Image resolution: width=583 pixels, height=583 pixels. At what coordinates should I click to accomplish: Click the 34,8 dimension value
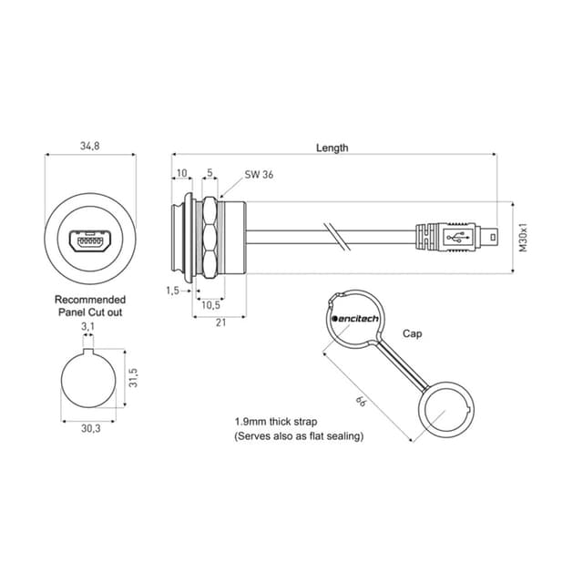(x=90, y=146)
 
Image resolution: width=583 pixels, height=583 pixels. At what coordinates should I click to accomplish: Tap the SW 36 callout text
(x=259, y=174)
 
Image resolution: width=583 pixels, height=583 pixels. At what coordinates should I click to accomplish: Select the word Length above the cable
(x=332, y=148)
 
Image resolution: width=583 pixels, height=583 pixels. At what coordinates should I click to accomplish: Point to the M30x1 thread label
(x=523, y=238)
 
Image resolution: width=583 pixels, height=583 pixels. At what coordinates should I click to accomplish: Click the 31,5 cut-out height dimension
(x=133, y=378)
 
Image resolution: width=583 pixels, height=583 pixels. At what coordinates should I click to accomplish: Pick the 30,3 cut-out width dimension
(x=91, y=428)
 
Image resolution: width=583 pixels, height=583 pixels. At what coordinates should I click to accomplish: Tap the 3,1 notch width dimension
(x=87, y=326)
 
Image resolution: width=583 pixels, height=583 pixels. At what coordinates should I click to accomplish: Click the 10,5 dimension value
(x=210, y=305)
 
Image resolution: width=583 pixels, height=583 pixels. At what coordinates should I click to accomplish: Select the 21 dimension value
(x=220, y=322)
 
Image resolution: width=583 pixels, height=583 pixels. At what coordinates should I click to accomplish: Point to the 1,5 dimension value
(x=172, y=291)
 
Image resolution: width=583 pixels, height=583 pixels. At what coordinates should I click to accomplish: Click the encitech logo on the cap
(x=355, y=319)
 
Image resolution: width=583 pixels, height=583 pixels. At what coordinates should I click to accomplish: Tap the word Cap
(x=413, y=333)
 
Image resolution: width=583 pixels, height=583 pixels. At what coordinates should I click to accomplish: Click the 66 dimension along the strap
(x=361, y=402)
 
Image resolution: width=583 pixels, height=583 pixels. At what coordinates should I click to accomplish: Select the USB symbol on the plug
(x=457, y=237)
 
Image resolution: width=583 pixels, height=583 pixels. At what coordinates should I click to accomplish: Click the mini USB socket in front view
(x=90, y=240)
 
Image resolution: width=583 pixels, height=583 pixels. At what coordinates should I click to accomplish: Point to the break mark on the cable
(x=336, y=237)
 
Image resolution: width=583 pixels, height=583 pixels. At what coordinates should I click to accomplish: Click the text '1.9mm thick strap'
(x=276, y=422)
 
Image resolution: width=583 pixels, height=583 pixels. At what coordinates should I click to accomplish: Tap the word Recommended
(x=90, y=300)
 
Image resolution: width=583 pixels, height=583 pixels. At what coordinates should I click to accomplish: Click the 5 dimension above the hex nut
(x=210, y=172)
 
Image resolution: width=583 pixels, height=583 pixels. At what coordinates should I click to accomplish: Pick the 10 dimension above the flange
(x=181, y=173)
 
